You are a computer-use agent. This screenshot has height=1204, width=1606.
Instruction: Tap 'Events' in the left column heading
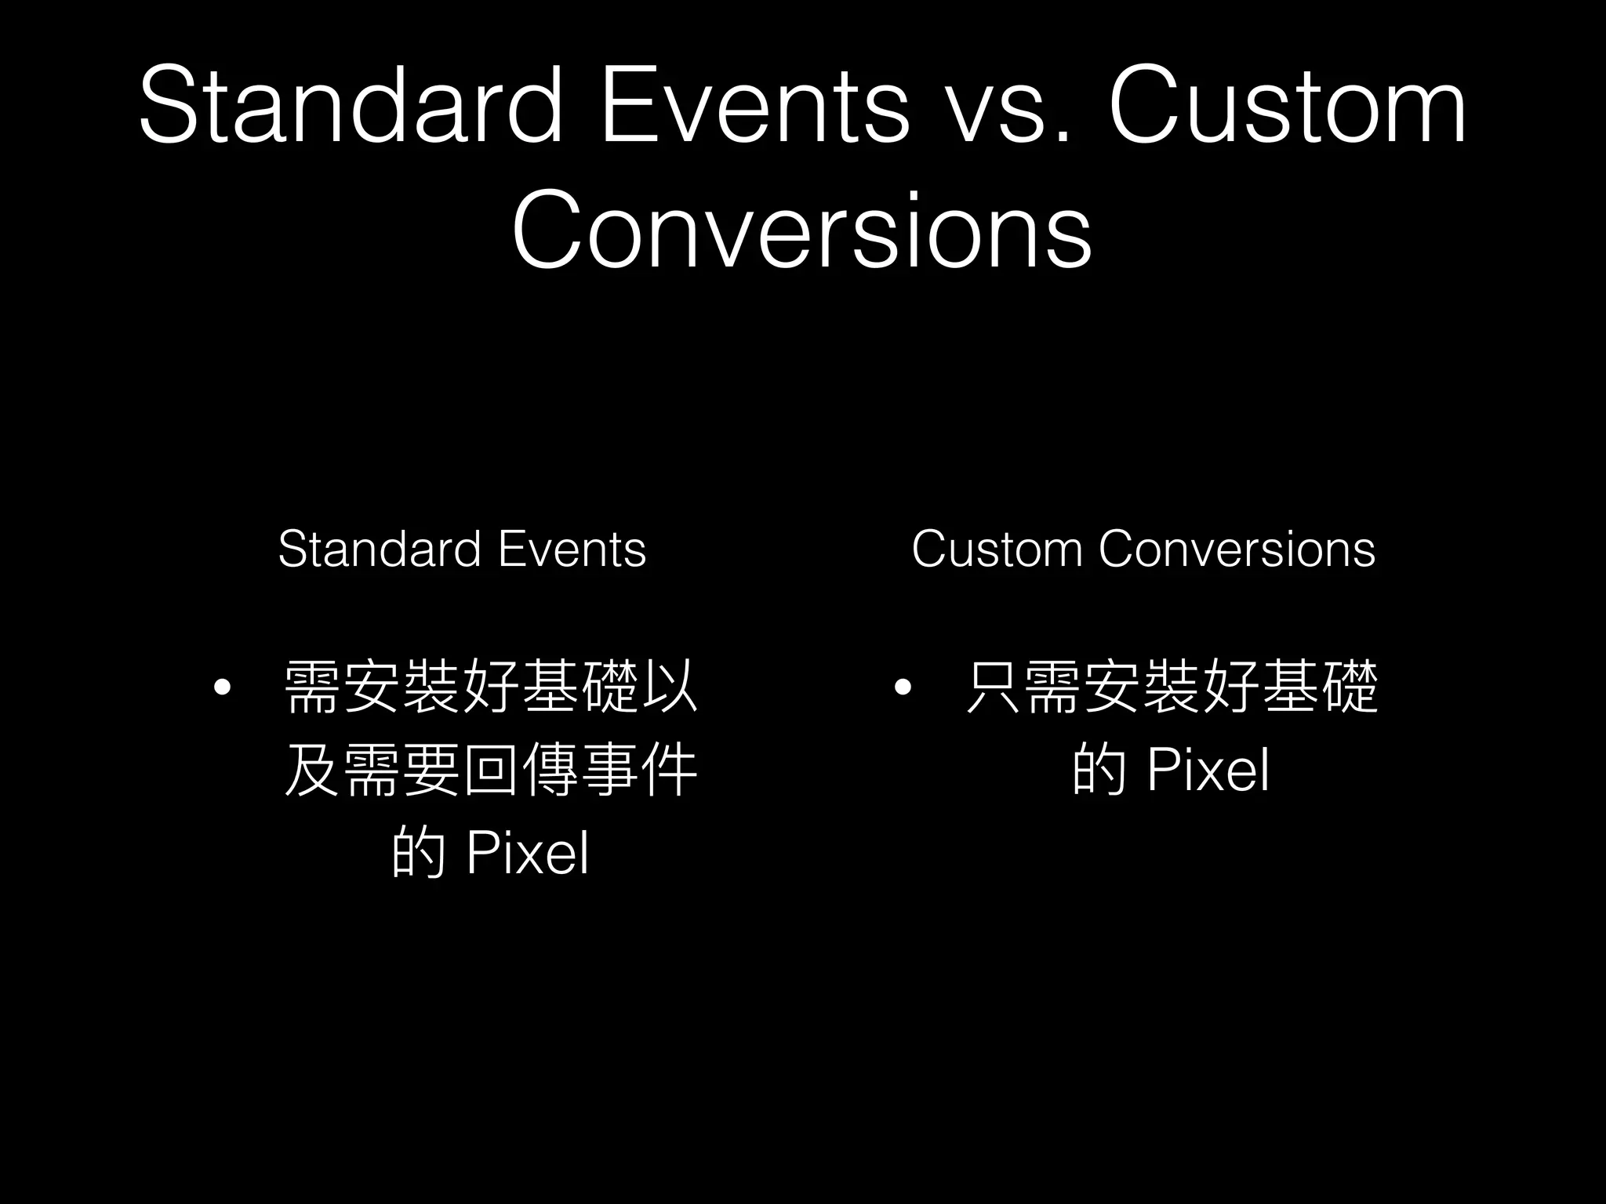click(572, 549)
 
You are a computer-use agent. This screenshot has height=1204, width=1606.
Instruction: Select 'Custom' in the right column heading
click(996, 549)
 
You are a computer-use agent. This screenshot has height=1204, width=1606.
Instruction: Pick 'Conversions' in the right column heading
click(1237, 549)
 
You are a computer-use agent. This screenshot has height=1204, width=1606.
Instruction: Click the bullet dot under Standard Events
click(223, 688)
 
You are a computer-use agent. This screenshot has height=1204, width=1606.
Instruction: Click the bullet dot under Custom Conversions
click(903, 688)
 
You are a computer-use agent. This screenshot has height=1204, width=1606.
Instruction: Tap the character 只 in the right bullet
click(994, 688)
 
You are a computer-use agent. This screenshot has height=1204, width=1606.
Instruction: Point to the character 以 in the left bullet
click(669, 688)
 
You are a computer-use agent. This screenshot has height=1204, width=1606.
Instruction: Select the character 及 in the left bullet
click(312, 770)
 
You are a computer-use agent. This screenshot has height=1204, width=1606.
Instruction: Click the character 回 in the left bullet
click(490, 770)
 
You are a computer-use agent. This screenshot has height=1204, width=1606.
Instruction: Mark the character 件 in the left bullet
click(669, 770)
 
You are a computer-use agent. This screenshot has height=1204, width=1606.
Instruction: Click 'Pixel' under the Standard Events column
click(527, 853)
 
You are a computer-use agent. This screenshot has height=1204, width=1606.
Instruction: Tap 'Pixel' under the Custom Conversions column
click(1208, 771)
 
